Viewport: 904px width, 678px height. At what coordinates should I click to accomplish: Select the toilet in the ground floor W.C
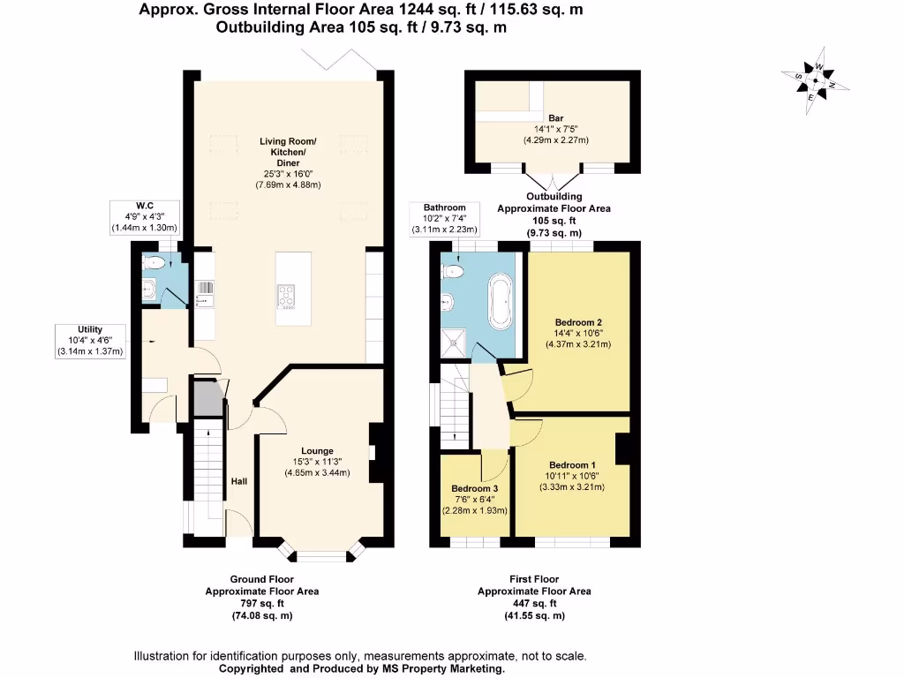coord(155,261)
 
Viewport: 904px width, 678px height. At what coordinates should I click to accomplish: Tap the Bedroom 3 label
coord(475,489)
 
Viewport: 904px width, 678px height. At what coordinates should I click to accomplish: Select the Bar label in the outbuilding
coord(556,118)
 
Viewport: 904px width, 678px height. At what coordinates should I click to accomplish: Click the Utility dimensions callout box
coord(91,341)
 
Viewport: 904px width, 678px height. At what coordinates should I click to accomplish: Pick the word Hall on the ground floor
coord(239,481)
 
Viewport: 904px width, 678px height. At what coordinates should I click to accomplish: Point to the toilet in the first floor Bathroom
coord(454,269)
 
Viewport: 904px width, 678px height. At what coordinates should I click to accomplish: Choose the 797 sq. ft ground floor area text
coord(262,604)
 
